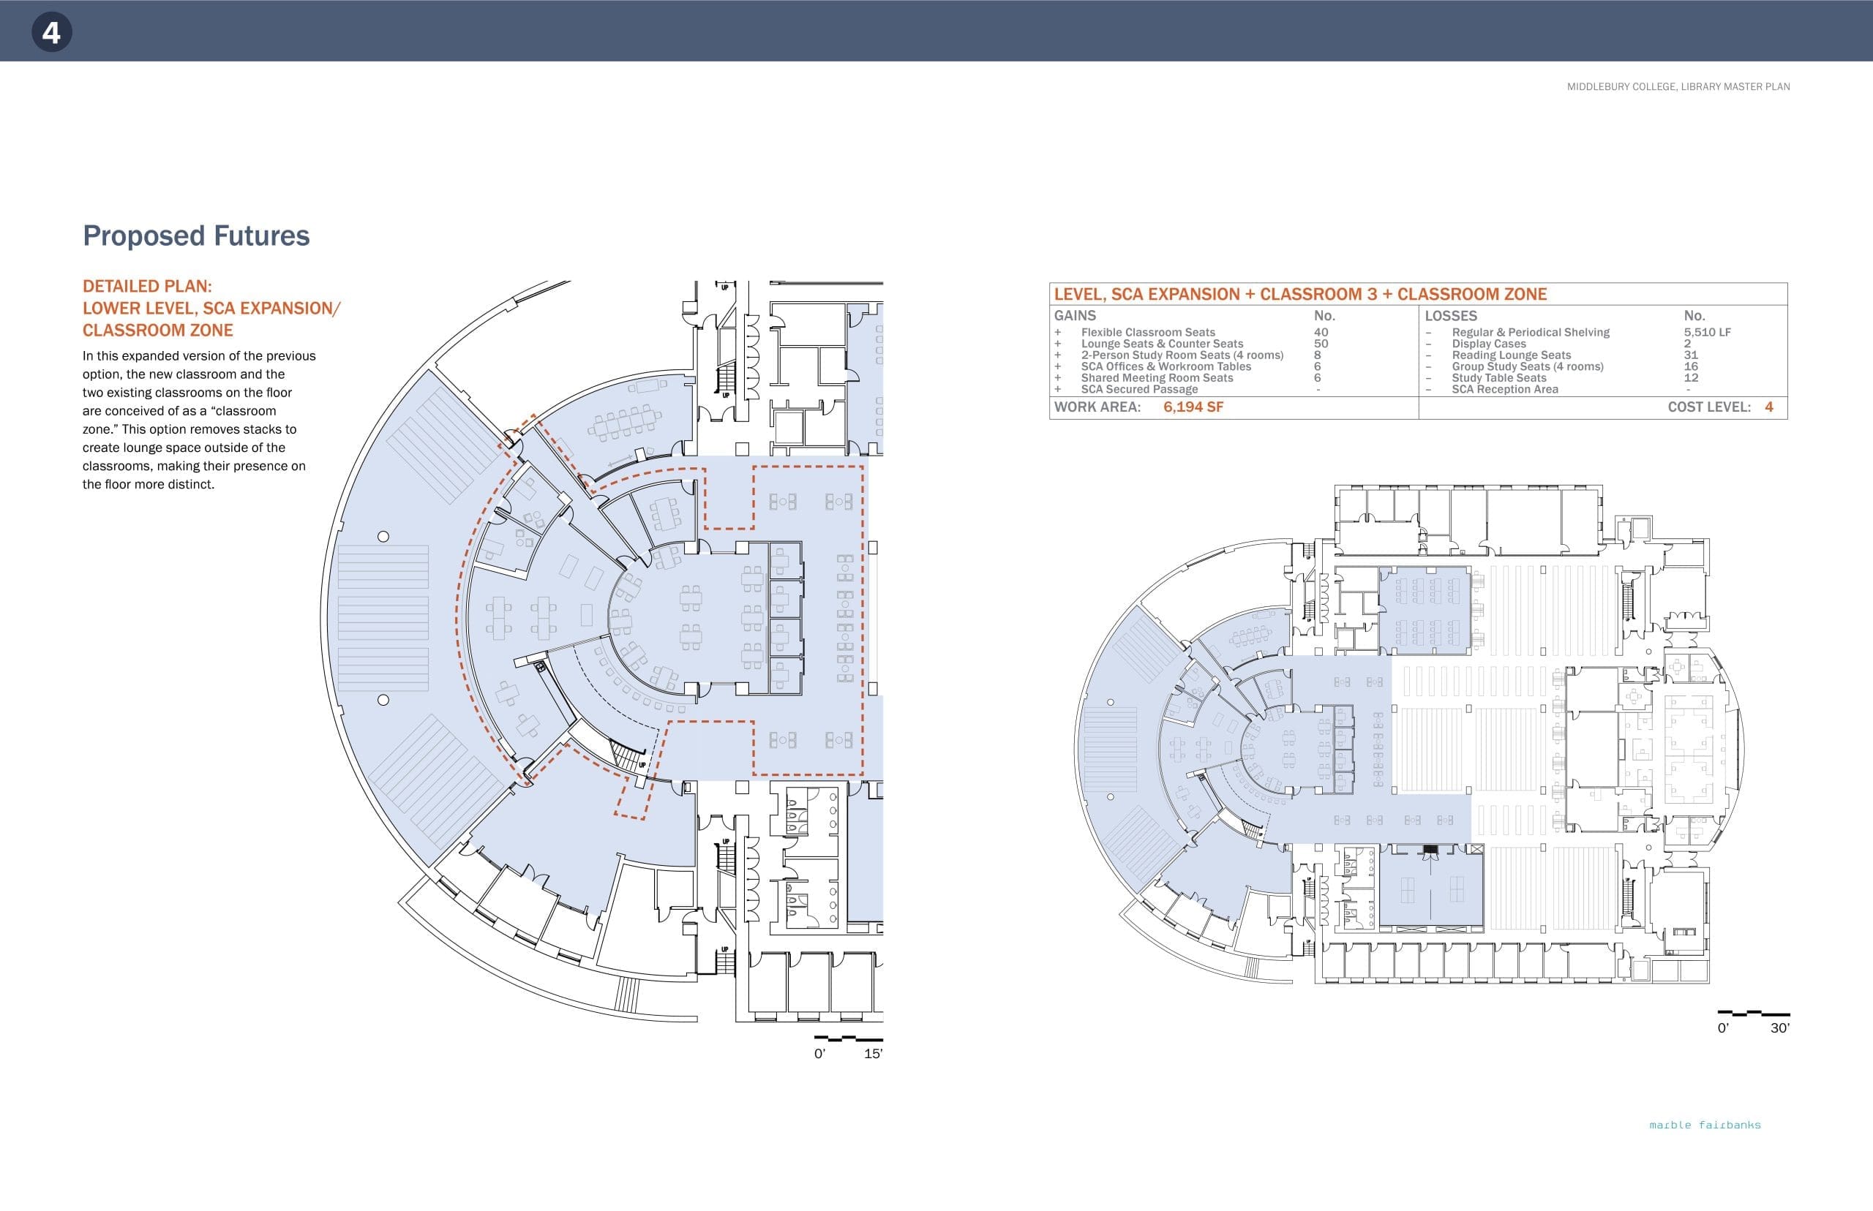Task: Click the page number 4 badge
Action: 51,32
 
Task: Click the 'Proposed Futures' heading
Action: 196,236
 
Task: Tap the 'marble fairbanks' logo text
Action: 1705,1125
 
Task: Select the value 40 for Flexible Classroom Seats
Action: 1321,333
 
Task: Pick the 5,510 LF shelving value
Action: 1707,333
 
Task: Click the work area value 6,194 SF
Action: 1193,407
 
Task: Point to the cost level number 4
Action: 1769,407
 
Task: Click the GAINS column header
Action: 1075,315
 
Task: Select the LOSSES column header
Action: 1451,315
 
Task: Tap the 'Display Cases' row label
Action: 1488,344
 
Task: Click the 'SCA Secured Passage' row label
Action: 1139,389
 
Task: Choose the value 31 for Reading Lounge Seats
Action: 1691,355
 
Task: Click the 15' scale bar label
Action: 872,1054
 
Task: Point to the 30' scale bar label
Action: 1779,1027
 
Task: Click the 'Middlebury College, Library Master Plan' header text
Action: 1678,86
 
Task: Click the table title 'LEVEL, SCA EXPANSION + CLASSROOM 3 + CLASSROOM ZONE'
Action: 1300,294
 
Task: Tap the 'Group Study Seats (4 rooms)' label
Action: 1528,366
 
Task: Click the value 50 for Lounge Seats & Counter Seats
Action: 1321,344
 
